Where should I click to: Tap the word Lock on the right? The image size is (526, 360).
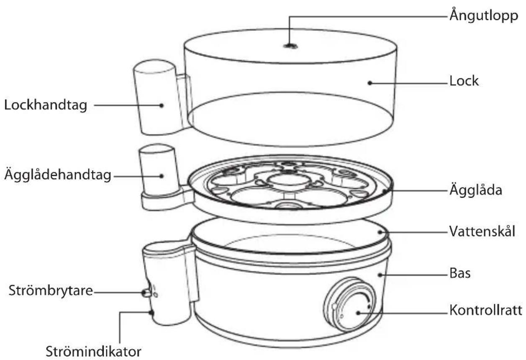[x=464, y=81]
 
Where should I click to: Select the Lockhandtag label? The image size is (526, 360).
[x=46, y=105]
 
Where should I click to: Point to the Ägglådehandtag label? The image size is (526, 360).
[x=58, y=175]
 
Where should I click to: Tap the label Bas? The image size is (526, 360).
[x=460, y=273]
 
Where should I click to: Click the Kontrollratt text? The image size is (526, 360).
[x=486, y=310]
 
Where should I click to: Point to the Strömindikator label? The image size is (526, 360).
[x=93, y=352]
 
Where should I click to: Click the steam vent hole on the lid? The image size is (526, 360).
[x=290, y=46]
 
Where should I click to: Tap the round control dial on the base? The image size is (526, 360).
[x=349, y=304]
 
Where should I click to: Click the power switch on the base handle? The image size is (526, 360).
[x=146, y=293]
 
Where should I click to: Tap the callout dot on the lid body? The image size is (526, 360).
[x=370, y=83]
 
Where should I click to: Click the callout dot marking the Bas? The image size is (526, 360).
[x=380, y=275]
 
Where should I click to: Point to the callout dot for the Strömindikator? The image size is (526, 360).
[x=151, y=313]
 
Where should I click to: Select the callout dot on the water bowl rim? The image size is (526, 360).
[x=380, y=232]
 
